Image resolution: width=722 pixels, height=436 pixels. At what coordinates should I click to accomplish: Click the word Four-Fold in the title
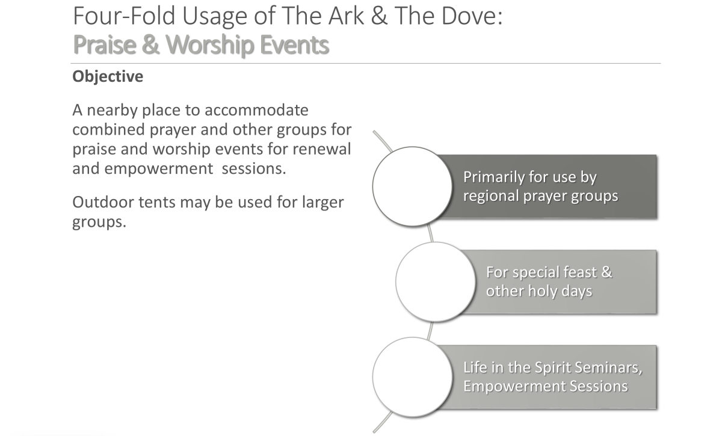click(x=124, y=16)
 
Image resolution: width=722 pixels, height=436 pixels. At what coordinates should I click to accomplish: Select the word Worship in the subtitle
click(x=210, y=45)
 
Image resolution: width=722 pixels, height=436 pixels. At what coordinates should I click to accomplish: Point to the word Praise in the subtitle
click(x=105, y=45)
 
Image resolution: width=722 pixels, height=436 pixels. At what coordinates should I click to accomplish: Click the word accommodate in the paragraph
click(x=256, y=111)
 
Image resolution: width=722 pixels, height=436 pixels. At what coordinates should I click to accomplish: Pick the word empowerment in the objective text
click(x=159, y=169)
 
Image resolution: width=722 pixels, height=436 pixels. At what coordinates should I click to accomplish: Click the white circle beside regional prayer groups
click(x=412, y=186)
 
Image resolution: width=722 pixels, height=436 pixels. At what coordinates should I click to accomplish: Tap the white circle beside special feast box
click(x=436, y=281)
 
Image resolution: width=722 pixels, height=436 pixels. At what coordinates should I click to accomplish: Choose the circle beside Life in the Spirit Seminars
click(x=412, y=377)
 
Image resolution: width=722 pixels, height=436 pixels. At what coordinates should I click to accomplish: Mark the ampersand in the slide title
click(x=378, y=16)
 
